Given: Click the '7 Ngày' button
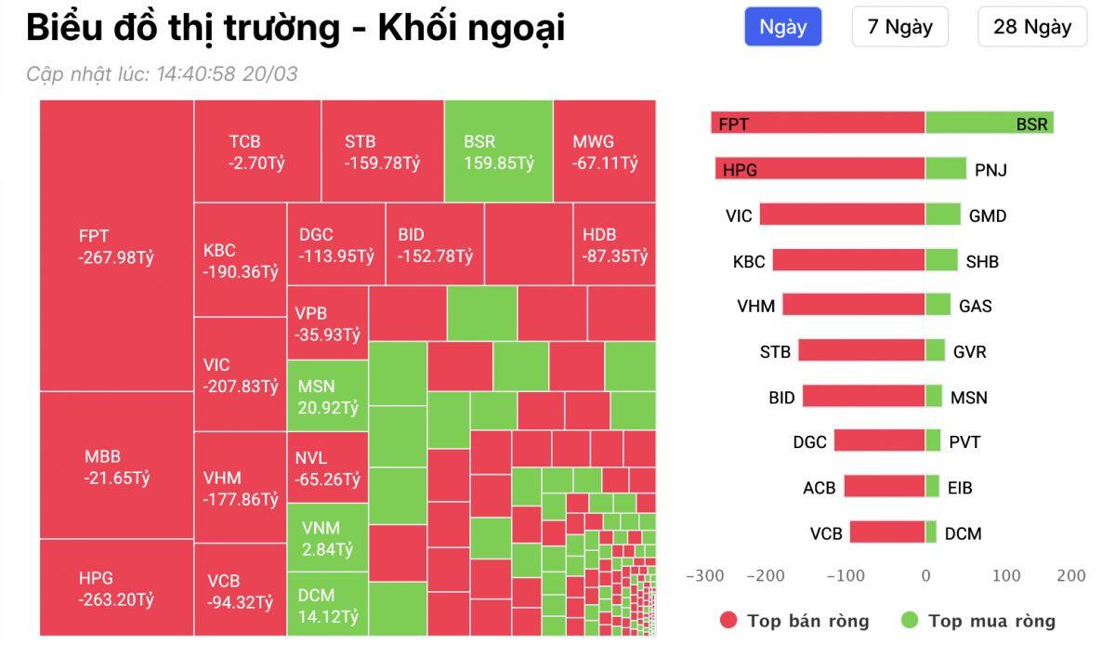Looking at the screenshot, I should [899, 27].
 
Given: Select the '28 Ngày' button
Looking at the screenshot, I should [1031, 27].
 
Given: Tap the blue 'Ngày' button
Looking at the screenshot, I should [782, 27].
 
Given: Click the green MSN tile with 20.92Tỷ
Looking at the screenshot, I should [327, 397].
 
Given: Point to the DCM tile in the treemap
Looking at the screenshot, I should [327, 605].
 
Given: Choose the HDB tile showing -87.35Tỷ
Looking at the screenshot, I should [614, 245].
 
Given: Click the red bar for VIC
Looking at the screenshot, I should [842, 216].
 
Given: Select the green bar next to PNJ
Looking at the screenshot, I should [946, 169].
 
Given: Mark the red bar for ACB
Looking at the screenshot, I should [885, 487].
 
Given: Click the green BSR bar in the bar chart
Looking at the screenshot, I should [989, 124].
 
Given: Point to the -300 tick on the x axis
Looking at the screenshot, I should [704, 576].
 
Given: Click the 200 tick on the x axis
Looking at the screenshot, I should [1070, 576].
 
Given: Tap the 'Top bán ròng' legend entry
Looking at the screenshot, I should [794, 622].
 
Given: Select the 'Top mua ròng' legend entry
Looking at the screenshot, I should [978, 622].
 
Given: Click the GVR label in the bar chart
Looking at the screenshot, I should [969, 352].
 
